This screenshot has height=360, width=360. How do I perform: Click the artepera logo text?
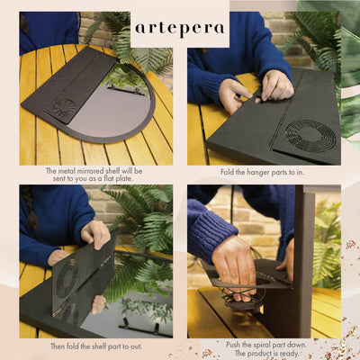(180, 29)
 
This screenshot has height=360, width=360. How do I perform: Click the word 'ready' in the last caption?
(288, 353)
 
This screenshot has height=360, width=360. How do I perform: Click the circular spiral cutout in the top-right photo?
(306, 136)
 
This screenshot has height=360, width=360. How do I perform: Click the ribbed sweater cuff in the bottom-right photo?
(210, 230)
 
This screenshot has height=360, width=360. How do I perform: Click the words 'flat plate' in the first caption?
(119, 178)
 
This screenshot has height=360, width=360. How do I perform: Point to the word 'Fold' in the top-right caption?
(228, 173)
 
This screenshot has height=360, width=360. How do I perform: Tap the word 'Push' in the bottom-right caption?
(233, 345)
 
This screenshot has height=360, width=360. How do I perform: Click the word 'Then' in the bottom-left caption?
(58, 346)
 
